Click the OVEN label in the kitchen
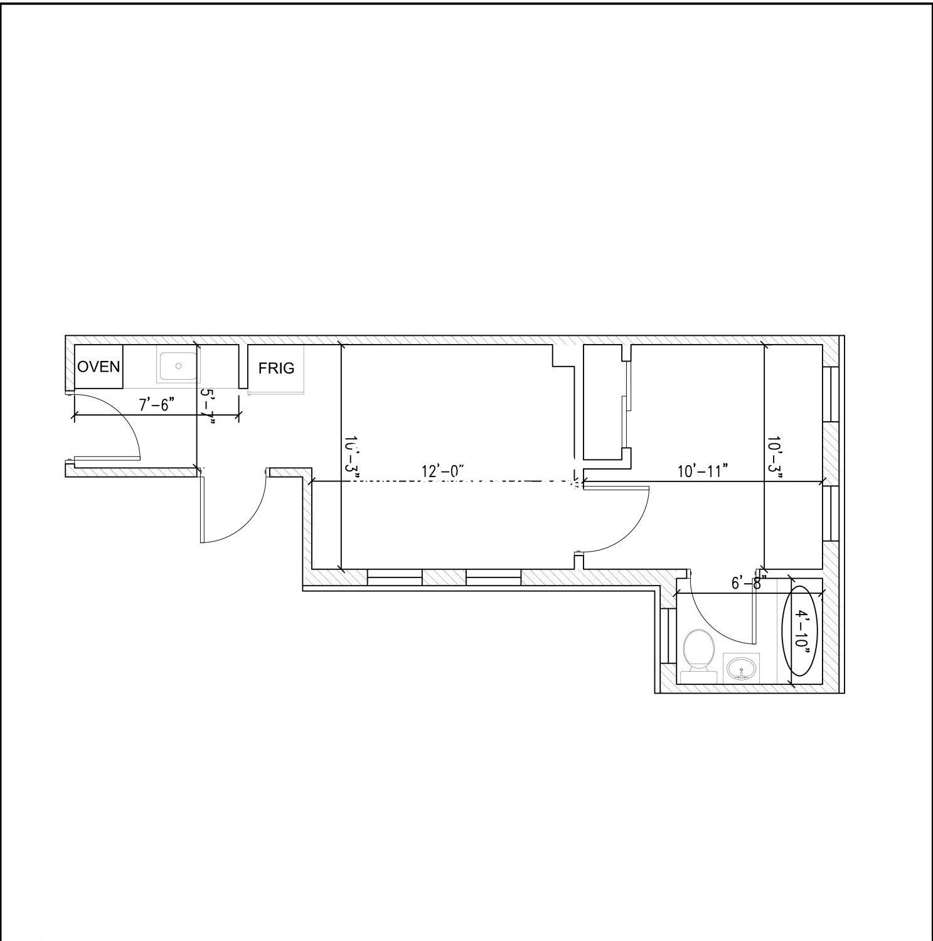[99, 367]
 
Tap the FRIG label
[276, 368]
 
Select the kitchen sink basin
[178, 365]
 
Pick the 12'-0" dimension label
[442, 471]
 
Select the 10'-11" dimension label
[703, 471]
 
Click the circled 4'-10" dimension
[801, 631]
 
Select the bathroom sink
[742, 668]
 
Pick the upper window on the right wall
[831, 394]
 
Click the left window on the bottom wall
[394, 577]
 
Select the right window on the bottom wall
[493, 577]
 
